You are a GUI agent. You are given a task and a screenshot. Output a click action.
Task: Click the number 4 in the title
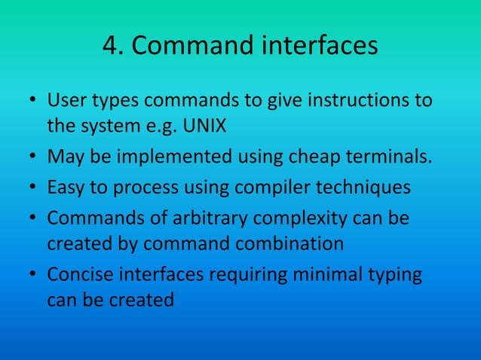[x=111, y=47]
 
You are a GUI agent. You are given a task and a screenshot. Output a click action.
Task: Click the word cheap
[x=305, y=157]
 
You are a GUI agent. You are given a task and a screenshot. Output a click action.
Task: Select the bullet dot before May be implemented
[x=32, y=158]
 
